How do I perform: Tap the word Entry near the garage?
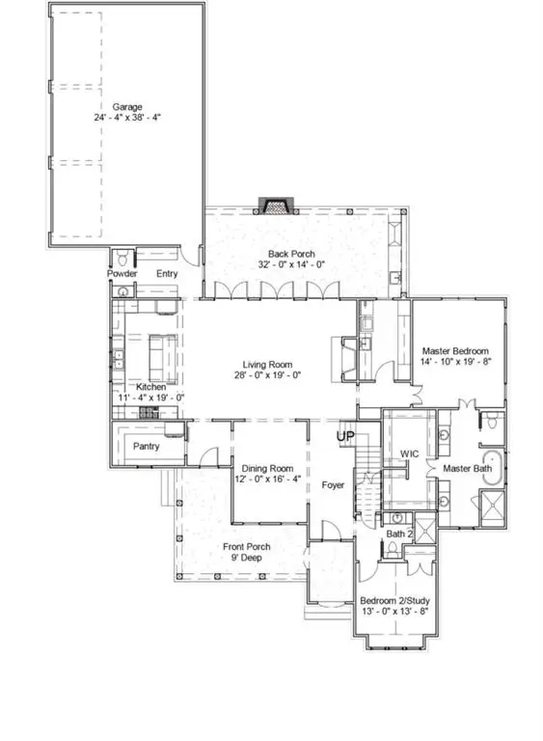(x=168, y=273)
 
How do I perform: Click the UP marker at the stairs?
(x=344, y=437)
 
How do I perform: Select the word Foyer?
(x=334, y=485)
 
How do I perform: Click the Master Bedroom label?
(x=456, y=351)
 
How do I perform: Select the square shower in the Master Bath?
(x=492, y=505)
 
